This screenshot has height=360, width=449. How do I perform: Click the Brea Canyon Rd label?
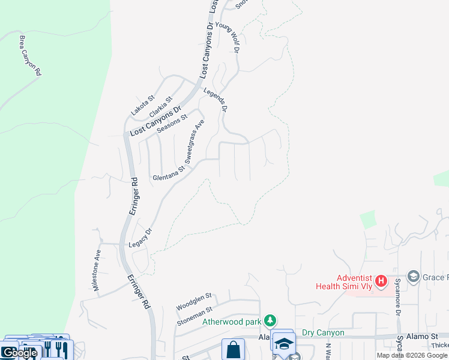point(30,55)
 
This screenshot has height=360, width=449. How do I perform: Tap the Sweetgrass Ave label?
point(194,142)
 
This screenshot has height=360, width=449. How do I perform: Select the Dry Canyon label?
point(323,332)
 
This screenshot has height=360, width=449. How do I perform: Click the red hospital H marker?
point(381,280)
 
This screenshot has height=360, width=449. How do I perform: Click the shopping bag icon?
point(233,350)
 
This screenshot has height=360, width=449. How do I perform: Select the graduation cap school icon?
point(284,344)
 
